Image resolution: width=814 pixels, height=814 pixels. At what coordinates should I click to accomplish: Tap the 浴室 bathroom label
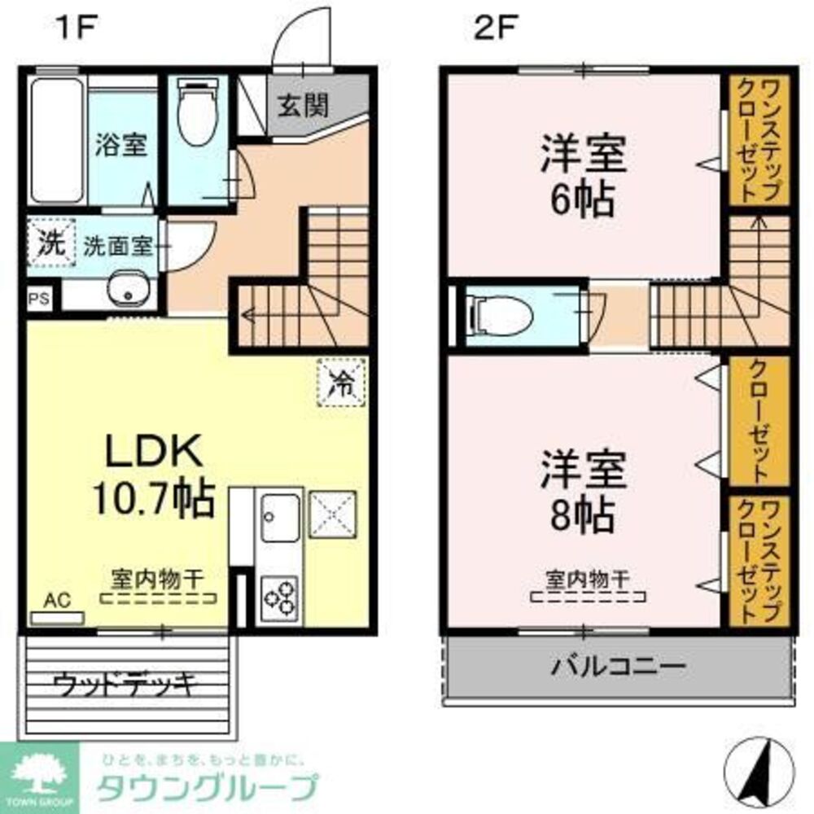click(121, 146)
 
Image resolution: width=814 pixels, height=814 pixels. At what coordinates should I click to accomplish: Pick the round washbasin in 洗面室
click(126, 289)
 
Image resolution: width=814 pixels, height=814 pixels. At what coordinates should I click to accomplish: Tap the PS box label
click(40, 299)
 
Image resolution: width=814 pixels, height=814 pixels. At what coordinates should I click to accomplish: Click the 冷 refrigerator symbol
click(341, 382)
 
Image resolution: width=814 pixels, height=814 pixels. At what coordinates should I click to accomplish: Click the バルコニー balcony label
click(619, 668)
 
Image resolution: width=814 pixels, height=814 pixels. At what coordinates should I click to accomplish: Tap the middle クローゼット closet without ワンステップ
click(758, 422)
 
